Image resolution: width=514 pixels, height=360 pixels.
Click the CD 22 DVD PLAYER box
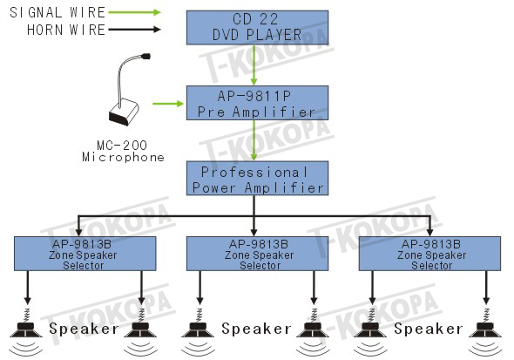(257, 28)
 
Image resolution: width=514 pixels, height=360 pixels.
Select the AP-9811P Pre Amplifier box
(257, 103)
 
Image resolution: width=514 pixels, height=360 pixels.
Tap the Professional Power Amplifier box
(257, 179)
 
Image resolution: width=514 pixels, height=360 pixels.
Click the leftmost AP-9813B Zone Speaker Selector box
(85, 254)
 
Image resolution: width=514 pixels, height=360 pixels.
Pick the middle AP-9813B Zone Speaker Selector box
(257, 254)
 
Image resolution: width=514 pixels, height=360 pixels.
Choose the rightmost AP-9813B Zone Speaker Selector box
(429, 254)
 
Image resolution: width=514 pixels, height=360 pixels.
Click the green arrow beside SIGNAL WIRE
(134, 12)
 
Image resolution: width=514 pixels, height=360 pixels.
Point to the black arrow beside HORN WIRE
(134, 30)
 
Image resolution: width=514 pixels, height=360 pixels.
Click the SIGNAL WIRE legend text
(57, 12)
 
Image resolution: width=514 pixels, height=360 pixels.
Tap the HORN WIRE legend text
(66, 30)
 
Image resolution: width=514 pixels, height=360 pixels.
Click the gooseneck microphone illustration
(128, 90)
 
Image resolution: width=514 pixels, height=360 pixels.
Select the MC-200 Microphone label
(123, 151)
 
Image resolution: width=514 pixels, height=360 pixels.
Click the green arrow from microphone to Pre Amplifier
(168, 104)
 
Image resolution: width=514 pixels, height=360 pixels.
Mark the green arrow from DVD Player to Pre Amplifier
(254, 65)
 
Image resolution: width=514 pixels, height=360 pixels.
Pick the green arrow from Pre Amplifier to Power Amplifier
(254, 140)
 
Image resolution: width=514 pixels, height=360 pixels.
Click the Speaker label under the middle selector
(256, 329)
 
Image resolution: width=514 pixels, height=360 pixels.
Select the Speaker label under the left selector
(84, 329)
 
